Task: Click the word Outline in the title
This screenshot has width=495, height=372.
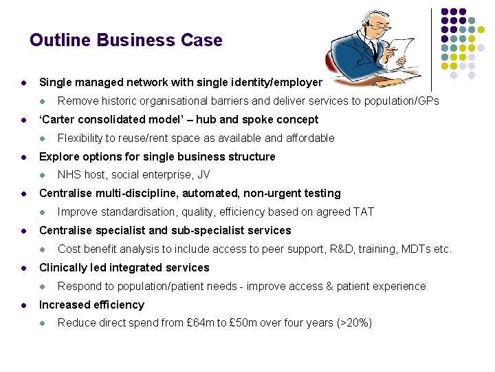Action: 60,40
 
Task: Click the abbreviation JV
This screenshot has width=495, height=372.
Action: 203,175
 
